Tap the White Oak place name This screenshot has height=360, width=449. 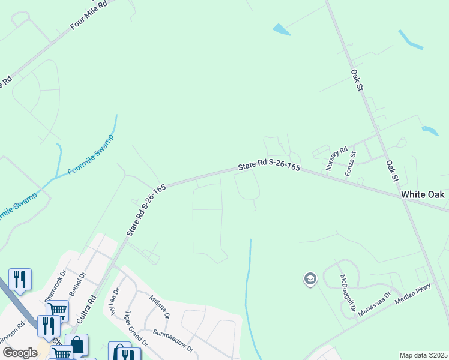coord(423,194)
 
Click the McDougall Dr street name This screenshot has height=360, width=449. coord(348,296)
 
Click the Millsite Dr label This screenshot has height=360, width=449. coord(160,307)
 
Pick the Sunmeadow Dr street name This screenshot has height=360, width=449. coord(173,340)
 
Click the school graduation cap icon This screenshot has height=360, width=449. coord(310,279)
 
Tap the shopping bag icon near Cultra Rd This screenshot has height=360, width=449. coord(77,344)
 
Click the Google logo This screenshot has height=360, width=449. coord(20,353)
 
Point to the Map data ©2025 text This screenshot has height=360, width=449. coord(423,355)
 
